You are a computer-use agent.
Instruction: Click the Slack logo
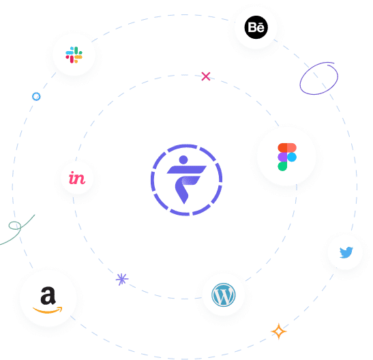tap(74, 55)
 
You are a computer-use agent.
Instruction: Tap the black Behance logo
tap(256, 27)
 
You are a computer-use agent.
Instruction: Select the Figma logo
tap(287, 157)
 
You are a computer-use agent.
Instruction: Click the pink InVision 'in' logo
tap(77, 178)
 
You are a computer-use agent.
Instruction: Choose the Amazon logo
tap(48, 300)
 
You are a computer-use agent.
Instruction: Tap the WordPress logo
tap(224, 295)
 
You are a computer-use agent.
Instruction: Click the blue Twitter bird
tap(346, 252)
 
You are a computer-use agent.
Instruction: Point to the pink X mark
tap(206, 76)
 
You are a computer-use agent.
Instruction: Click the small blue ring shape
tap(36, 97)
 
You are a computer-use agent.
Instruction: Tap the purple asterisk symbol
tap(122, 279)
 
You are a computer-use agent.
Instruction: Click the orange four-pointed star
tap(279, 331)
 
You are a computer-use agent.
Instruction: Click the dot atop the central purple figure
tap(183, 160)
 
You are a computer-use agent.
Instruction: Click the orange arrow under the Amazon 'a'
tap(48, 310)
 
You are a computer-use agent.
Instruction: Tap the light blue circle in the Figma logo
tap(292, 157)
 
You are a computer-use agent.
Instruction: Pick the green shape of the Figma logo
tap(282, 166)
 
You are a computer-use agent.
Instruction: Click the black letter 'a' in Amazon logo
tap(48, 295)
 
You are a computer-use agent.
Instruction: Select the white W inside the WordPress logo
tap(224, 295)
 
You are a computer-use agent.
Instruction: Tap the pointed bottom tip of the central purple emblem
tap(184, 204)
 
